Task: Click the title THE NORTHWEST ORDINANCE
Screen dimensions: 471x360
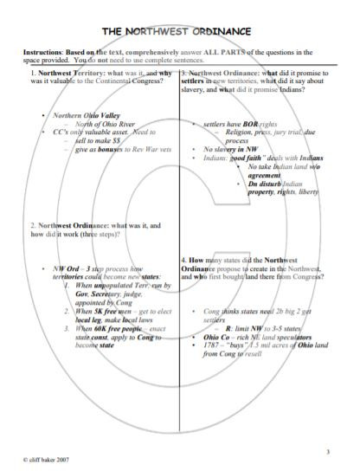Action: (180, 32)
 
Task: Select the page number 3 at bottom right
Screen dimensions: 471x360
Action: (328, 451)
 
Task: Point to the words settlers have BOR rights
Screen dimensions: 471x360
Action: (232, 124)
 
